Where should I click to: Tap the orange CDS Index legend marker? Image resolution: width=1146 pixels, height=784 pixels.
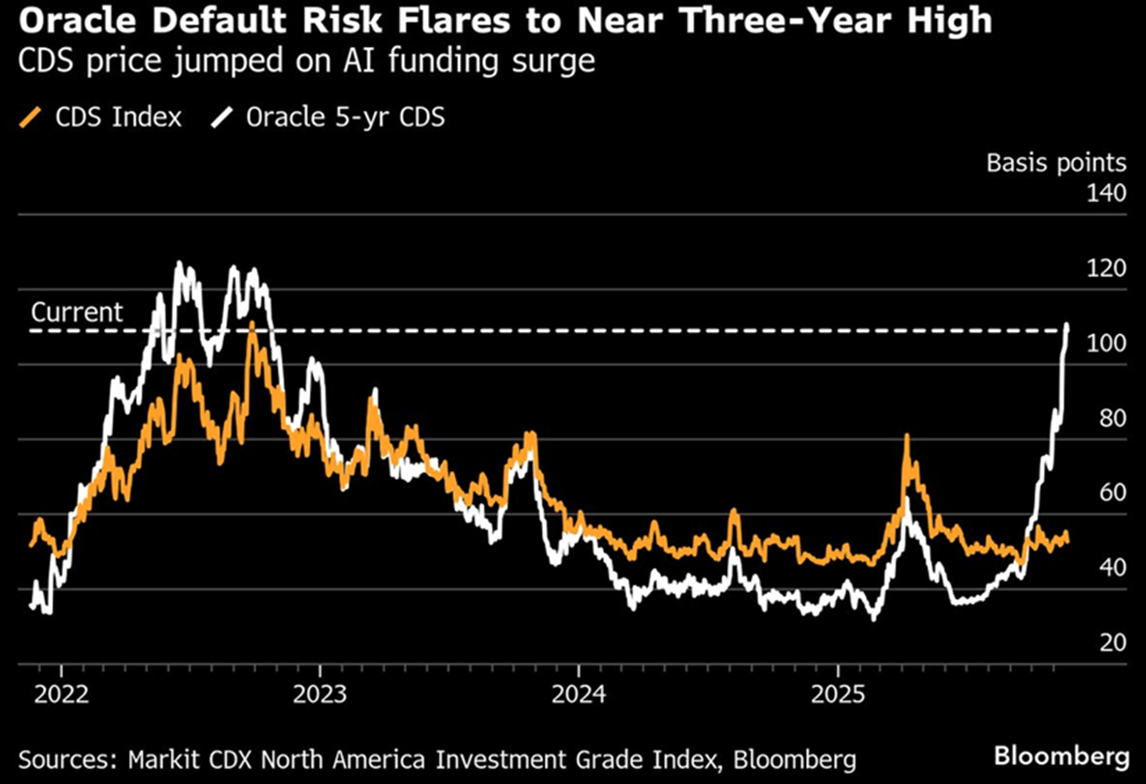[33, 117]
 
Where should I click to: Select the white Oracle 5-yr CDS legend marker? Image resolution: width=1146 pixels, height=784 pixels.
[220, 117]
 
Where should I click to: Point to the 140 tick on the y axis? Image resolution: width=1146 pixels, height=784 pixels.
[1108, 194]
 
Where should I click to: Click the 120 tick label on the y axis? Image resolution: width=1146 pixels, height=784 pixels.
[1108, 269]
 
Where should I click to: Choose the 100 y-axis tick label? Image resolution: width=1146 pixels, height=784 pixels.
[1108, 344]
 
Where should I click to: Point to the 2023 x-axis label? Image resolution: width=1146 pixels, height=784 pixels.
[320, 692]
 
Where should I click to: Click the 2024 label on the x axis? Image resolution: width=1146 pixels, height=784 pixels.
[579, 692]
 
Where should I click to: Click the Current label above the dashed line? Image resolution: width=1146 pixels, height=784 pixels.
[77, 312]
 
